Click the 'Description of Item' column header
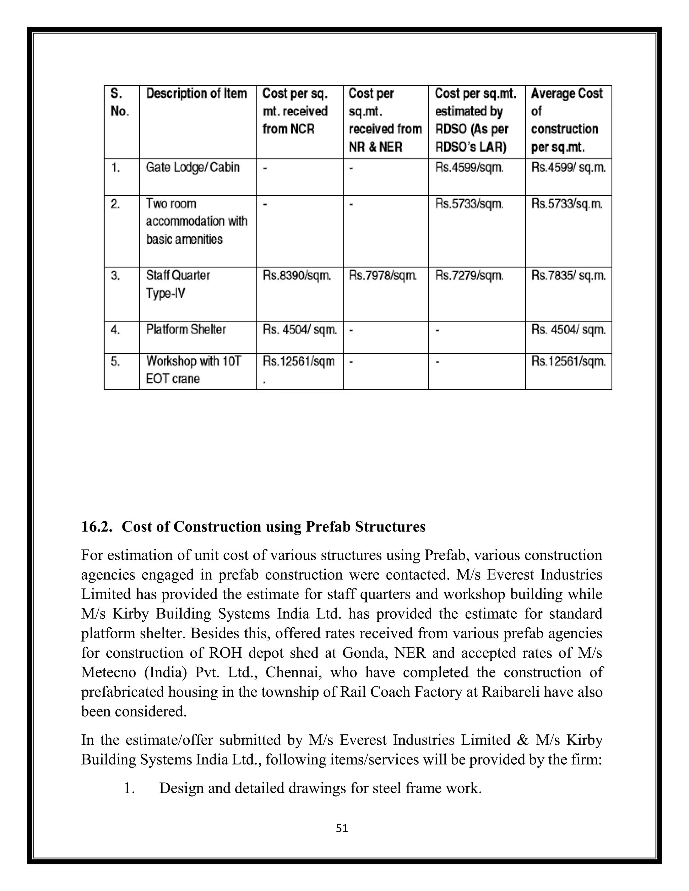coord(196,93)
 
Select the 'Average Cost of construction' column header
coord(567,120)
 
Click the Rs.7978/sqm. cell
coord(383,276)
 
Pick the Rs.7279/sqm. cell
coord(469,276)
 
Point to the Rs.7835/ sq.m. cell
coord(568,276)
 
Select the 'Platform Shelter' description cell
coord(186,330)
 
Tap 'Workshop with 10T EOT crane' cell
coord(193,370)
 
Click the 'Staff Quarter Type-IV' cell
coord(178,284)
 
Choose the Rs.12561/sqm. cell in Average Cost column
coord(568,361)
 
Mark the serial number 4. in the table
coord(115,330)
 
